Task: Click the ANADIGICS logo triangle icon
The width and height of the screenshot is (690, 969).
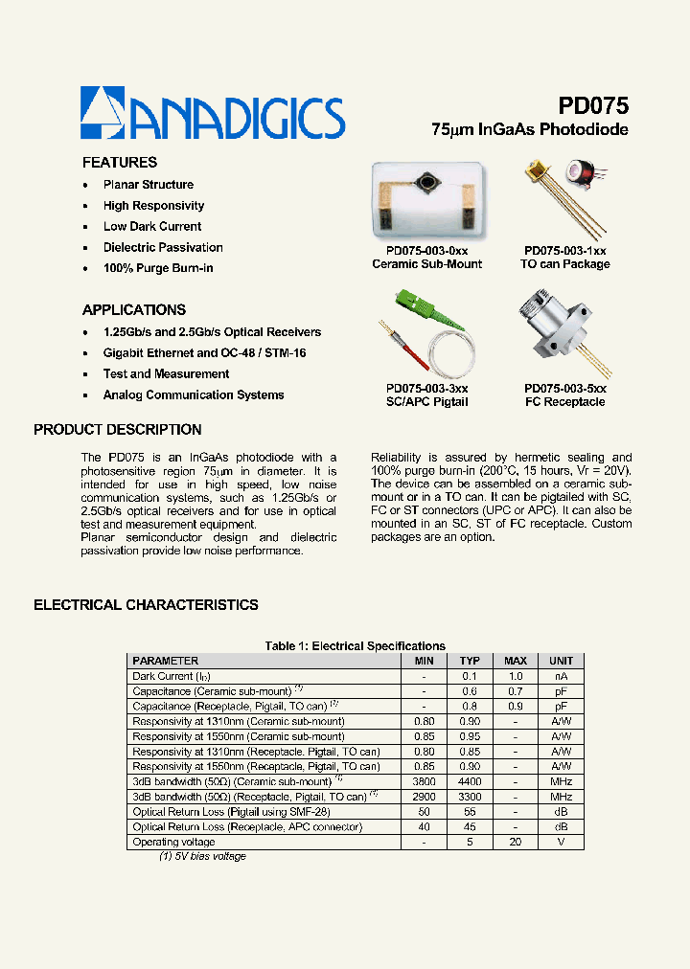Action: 102,112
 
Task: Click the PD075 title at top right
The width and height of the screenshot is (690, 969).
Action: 592,106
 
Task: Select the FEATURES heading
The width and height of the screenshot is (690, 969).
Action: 120,163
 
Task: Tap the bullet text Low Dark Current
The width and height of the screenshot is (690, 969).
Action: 152,227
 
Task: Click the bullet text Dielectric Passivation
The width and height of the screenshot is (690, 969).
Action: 163,248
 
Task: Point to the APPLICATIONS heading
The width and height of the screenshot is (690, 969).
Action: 134,310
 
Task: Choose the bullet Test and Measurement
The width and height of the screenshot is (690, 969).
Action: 166,374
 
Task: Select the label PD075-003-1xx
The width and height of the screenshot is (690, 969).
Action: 564,250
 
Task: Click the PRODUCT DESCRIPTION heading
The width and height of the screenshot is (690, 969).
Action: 118,430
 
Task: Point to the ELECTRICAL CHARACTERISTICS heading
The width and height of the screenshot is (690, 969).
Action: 146,605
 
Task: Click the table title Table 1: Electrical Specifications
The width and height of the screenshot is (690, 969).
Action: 355,646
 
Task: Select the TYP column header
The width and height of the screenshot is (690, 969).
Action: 470,661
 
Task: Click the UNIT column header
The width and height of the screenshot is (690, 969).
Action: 561,661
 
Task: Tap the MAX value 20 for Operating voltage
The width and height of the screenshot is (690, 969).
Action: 516,843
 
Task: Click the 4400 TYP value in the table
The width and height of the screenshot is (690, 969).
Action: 470,781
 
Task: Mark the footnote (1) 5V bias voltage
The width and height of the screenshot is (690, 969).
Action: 202,856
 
